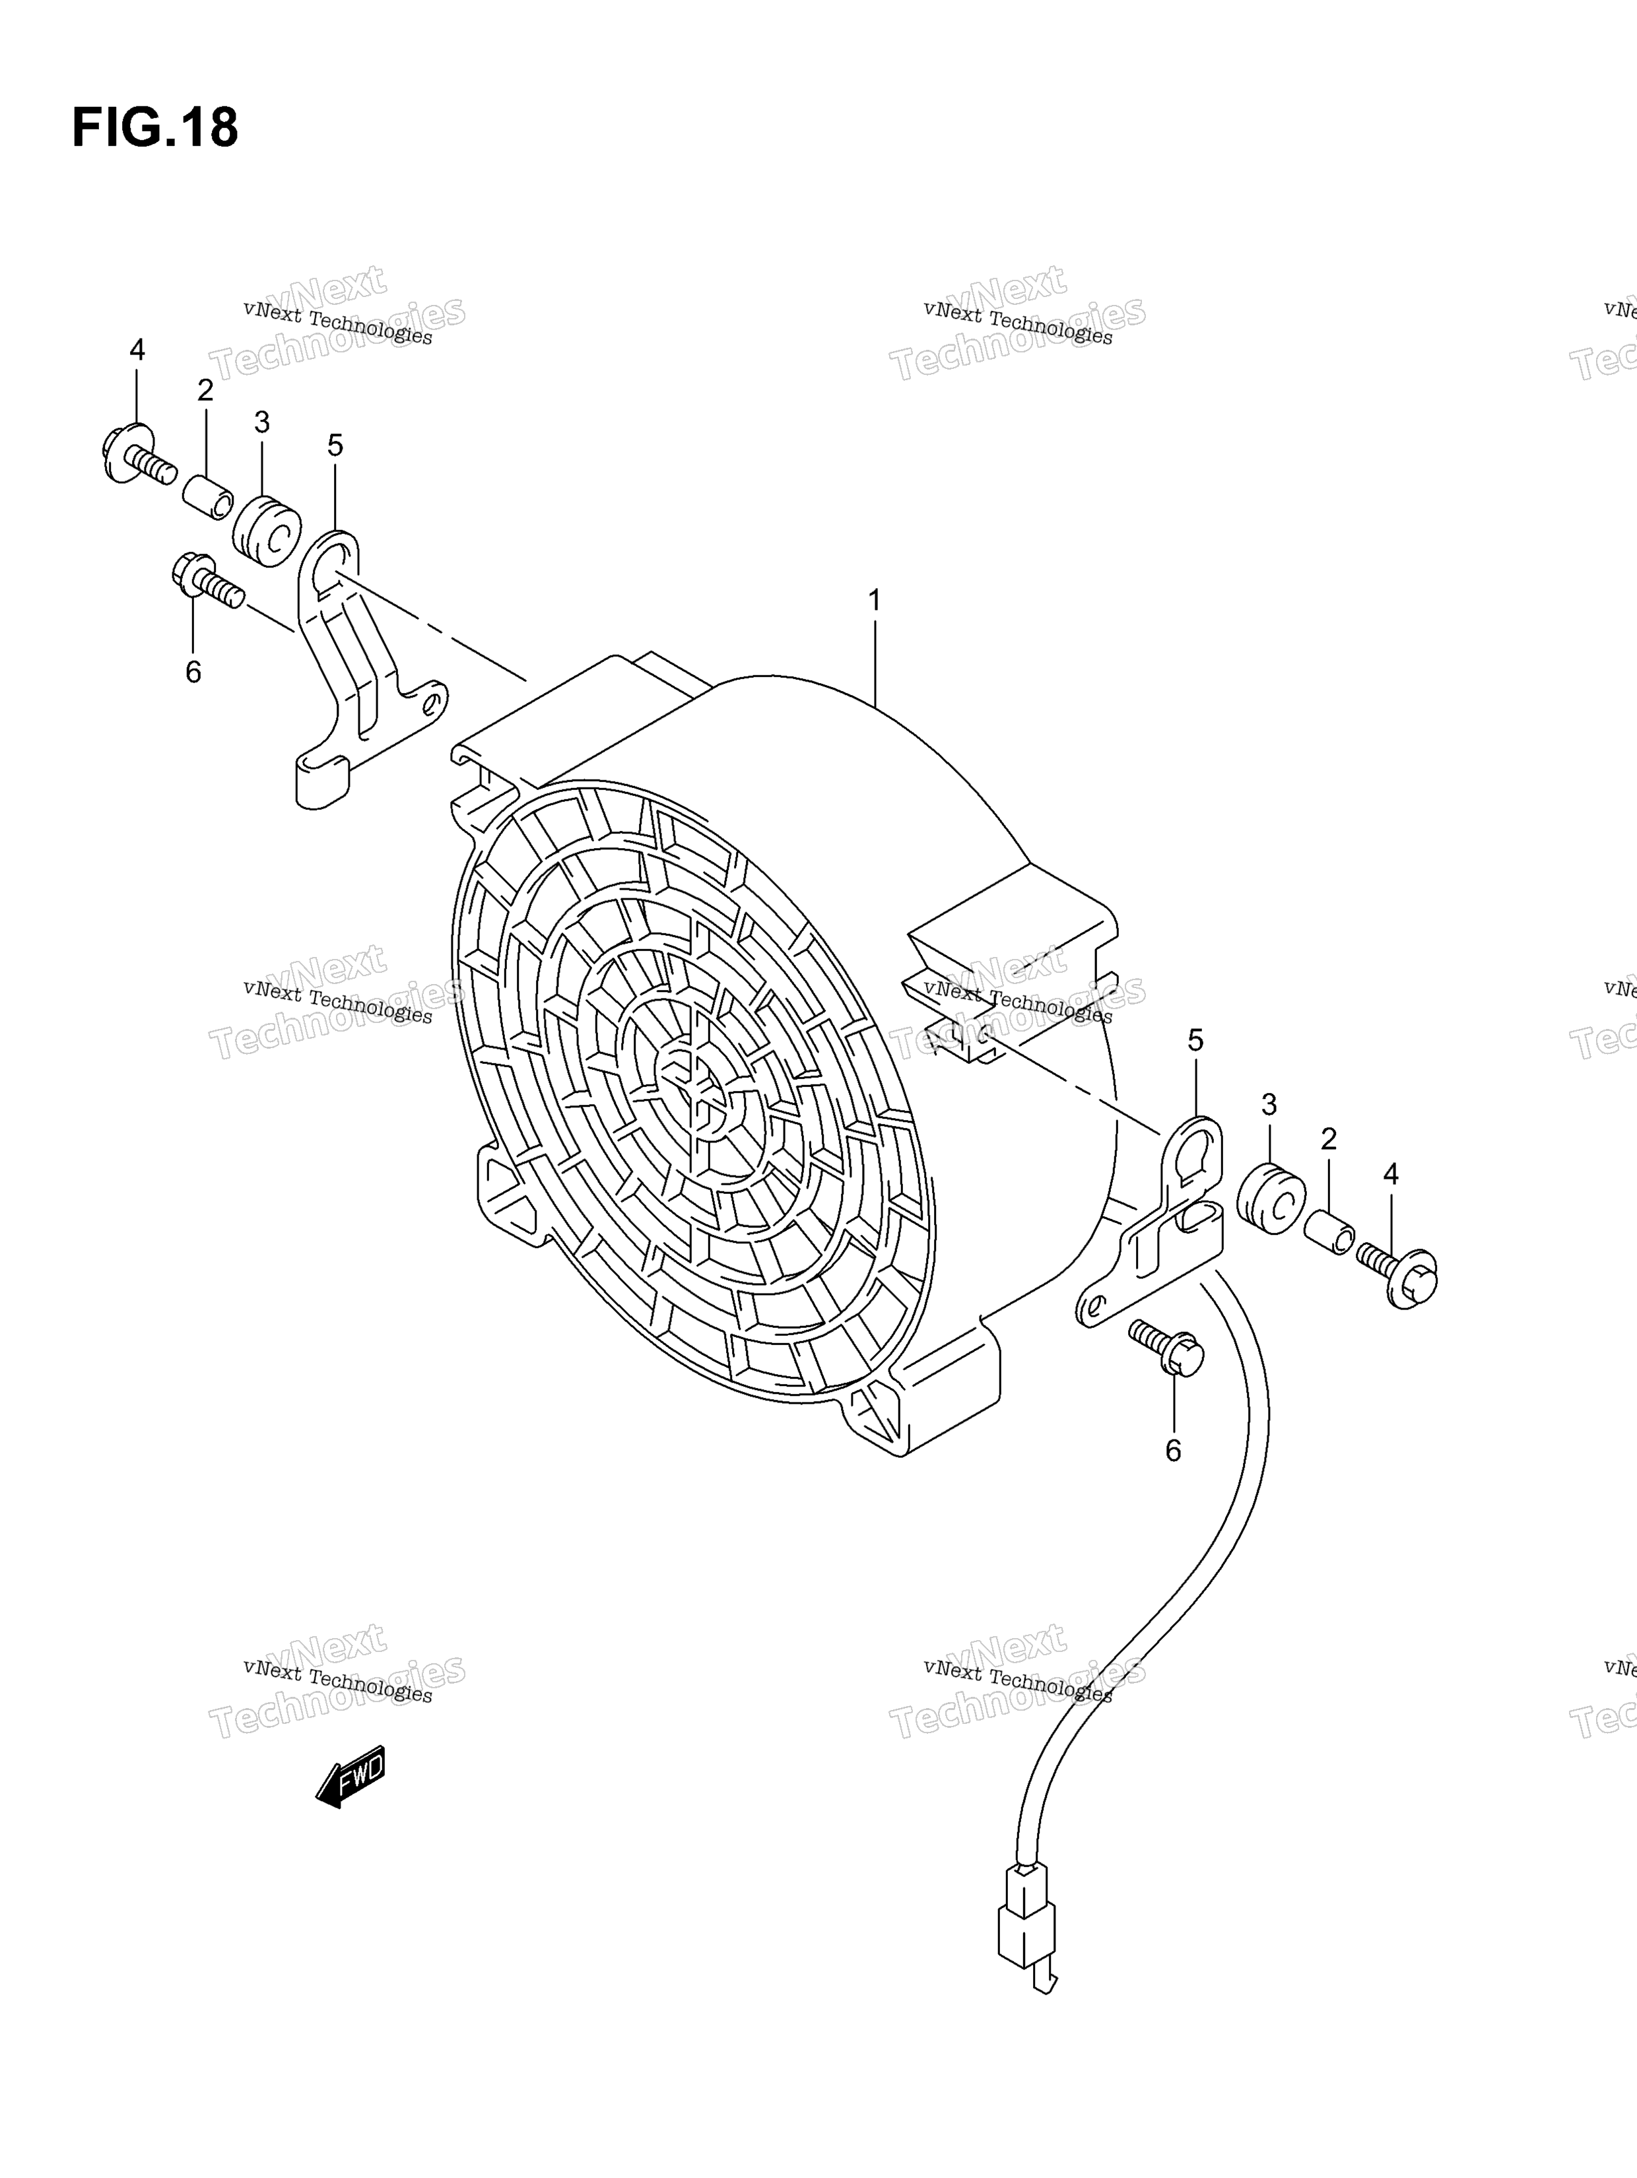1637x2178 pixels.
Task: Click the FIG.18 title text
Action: [154, 128]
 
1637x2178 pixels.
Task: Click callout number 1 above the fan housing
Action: [874, 600]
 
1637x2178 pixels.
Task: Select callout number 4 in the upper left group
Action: [137, 350]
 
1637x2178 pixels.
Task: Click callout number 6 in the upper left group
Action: [193, 673]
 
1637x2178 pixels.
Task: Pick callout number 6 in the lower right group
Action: [1173, 1451]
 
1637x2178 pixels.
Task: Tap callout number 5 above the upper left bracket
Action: [335, 446]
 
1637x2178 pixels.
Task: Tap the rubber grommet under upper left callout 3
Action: [266, 532]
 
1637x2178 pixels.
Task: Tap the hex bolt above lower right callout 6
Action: [1166, 1347]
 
